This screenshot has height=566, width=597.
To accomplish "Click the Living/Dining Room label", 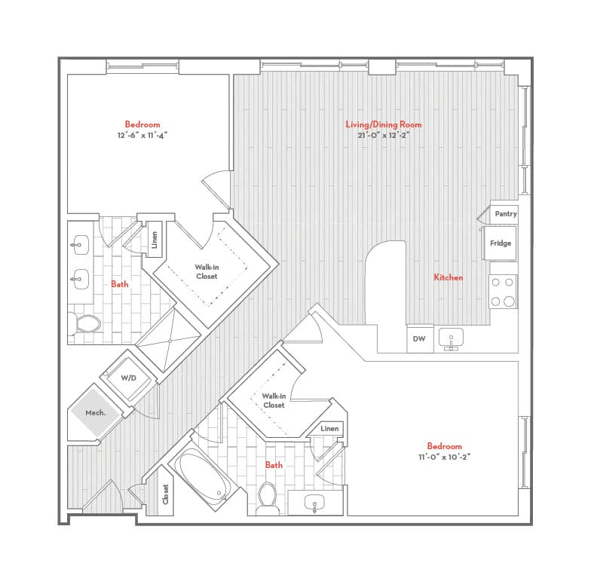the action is pos(384,124).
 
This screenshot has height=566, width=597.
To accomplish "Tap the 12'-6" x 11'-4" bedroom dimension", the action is pos(142,135).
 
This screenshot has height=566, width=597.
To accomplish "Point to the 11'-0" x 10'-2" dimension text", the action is pos(444,457).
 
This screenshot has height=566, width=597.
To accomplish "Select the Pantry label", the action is pos(506,214).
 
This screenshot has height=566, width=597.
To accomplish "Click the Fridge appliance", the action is pos(500,243).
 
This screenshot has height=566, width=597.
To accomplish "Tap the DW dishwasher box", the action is pos(420,338).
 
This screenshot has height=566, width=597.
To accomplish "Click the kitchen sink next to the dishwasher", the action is pos(451,338).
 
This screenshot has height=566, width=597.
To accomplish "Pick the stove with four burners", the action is pos(503,292).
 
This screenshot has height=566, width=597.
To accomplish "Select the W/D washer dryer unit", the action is pos(128,378).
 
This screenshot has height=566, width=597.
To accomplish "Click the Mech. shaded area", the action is pos(96,412).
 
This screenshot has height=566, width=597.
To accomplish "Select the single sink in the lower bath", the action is pos(314,503).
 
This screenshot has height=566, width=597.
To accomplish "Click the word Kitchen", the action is pos(449,277).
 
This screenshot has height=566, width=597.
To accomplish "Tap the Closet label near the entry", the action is pos(165,494).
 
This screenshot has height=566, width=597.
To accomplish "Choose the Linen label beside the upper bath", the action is pos(155,240).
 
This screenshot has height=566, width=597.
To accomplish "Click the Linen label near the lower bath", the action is pos(329,429).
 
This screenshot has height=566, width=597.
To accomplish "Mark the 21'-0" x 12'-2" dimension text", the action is pos(384,135).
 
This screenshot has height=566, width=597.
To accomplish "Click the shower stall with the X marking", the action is pos(169,340).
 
